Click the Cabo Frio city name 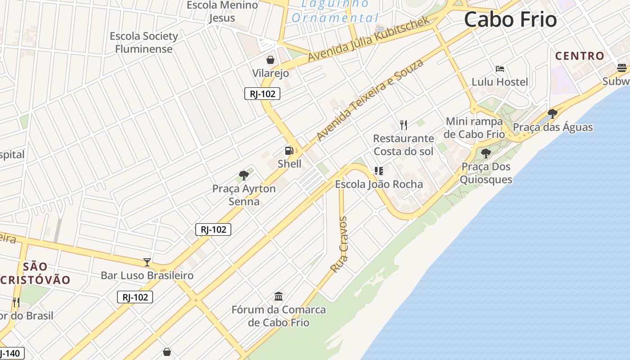[x=510, y=20]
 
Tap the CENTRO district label [x=580, y=56]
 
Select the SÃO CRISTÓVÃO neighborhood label [x=36, y=273]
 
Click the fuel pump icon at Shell [x=289, y=151]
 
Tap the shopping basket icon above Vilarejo [x=270, y=60]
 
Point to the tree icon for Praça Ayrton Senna [x=244, y=175]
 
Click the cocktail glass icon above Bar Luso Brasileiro [x=147, y=262]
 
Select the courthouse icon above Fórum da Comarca [x=279, y=297]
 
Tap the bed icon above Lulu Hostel [x=499, y=69]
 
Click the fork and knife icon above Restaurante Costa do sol [x=404, y=125]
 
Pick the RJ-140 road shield [x=11, y=353]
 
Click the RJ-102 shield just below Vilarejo [x=262, y=94]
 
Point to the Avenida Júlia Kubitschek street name [x=369, y=40]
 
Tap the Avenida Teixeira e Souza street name [x=370, y=100]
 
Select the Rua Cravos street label [x=339, y=245]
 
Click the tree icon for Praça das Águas [x=553, y=114]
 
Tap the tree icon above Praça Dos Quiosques [x=486, y=153]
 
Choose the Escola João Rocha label [x=379, y=184]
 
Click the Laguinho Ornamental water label [x=335, y=11]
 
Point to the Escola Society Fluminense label [x=144, y=42]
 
